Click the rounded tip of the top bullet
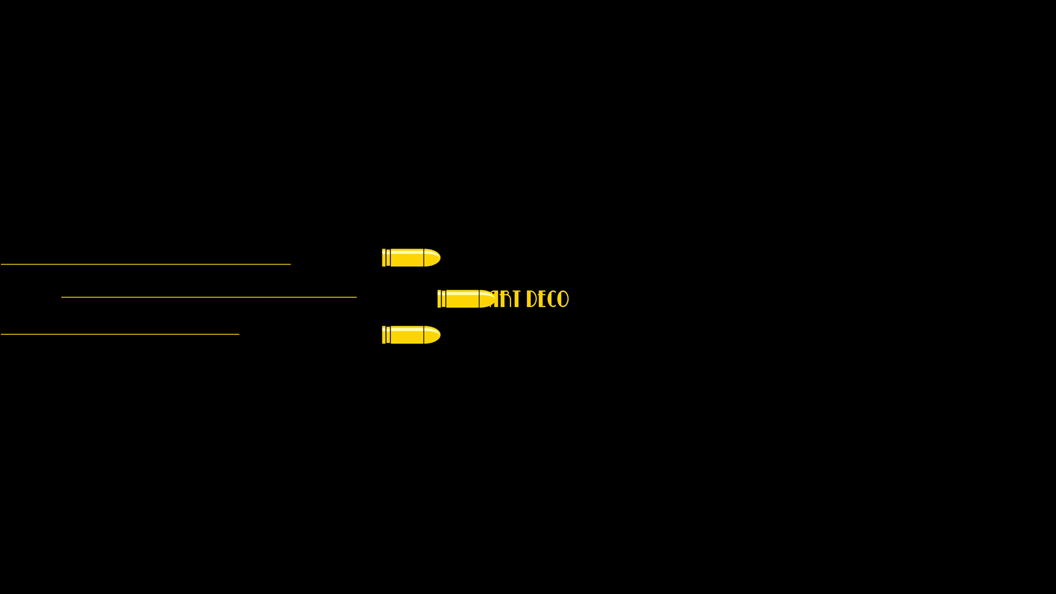pyautogui.click(x=432, y=258)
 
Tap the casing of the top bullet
pyautogui.click(x=407, y=258)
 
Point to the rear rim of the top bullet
pyautogui.click(x=384, y=258)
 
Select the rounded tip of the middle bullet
pyautogui.click(x=487, y=299)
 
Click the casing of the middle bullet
pyautogui.click(x=462, y=299)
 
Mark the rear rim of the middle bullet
pyautogui.click(x=439, y=299)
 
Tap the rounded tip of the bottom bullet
pyautogui.click(x=432, y=335)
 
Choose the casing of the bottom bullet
pyautogui.click(x=407, y=335)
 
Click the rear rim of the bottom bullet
pyautogui.click(x=384, y=335)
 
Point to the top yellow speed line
pyautogui.click(x=146, y=265)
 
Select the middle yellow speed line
pyautogui.click(x=209, y=298)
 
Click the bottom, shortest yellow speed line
pyautogui.click(x=120, y=334)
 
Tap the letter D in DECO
pyautogui.click(x=531, y=299)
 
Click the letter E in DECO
pyautogui.click(x=542, y=299)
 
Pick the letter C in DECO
pyautogui.click(x=552, y=299)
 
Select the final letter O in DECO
pyautogui.click(x=563, y=299)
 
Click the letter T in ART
pyautogui.click(x=515, y=299)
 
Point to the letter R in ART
pyautogui.click(x=505, y=299)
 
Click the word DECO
pyautogui.click(x=547, y=299)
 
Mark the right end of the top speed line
pyautogui.click(x=290, y=265)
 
